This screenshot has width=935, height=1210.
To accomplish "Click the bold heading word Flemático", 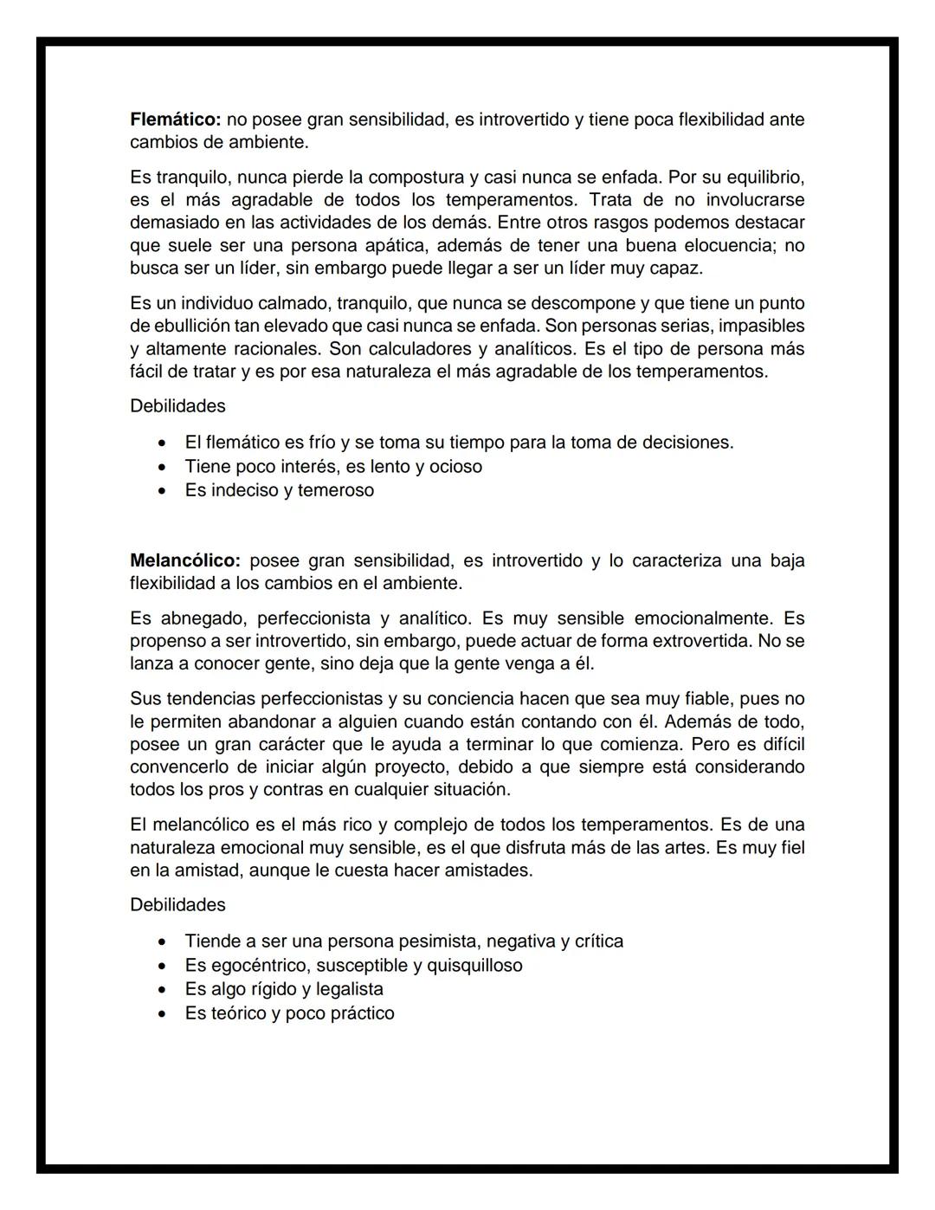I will click(176, 120).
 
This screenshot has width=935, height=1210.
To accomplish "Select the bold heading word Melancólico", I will click(184, 560).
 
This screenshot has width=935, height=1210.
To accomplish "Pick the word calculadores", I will click(419, 349).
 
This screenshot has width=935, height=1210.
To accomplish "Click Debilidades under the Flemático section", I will click(177, 406).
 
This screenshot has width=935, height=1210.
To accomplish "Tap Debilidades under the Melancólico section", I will click(177, 905).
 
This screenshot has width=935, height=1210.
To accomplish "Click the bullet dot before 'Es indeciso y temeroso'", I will click(162, 491).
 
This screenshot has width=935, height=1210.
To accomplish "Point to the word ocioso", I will click(455, 467).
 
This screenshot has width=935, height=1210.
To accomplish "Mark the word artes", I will click(685, 847).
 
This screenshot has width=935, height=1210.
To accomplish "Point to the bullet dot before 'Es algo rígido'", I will click(162, 990).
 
